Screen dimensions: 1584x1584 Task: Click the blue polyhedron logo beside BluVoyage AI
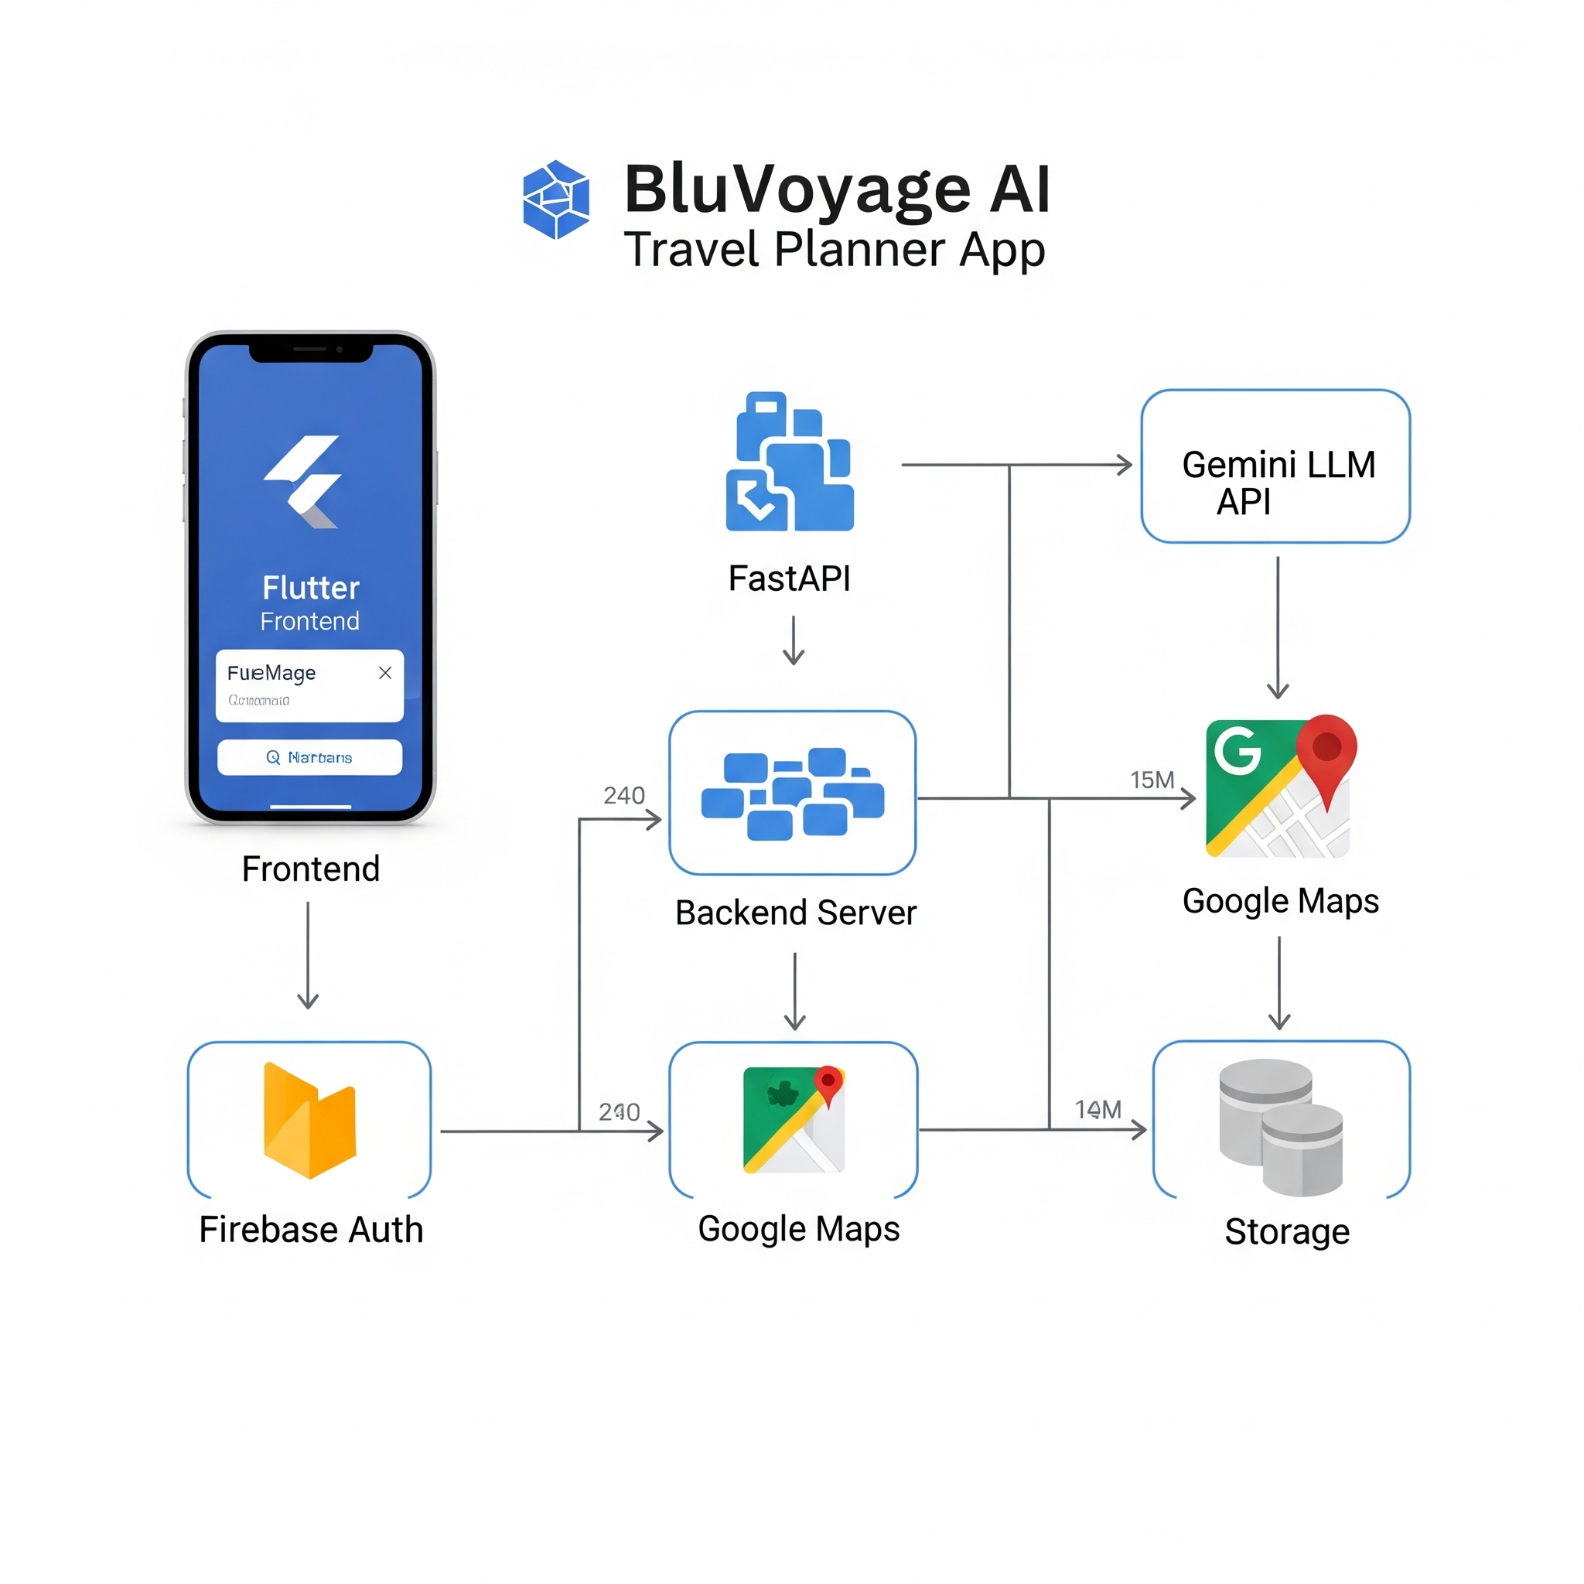click(x=556, y=200)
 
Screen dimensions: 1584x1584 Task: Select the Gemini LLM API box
click(x=1275, y=466)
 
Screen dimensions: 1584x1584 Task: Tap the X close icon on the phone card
click(x=384, y=673)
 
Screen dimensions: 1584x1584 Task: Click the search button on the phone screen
click(x=309, y=756)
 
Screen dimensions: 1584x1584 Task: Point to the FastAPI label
click(x=789, y=579)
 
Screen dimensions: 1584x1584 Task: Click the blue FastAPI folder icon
click(x=789, y=463)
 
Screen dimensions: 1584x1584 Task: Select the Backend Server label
click(x=795, y=913)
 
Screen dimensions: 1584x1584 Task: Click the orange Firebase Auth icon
click(x=309, y=1121)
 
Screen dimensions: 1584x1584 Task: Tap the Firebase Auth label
click(x=311, y=1230)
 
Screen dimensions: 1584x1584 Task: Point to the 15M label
click(x=1152, y=780)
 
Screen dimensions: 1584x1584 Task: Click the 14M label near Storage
click(x=1098, y=1109)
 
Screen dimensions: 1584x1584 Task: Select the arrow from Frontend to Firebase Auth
click(x=308, y=955)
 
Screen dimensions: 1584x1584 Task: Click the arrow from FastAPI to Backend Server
click(x=793, y=640)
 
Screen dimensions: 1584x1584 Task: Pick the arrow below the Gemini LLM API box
click(x=1278, y=627)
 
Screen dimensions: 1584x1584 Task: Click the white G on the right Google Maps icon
click(x=1237, y=749)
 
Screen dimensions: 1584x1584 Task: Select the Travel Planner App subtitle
click(x=834, y=249)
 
